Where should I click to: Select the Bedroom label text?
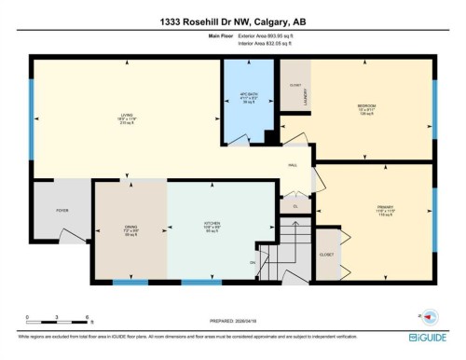[x=367, y=106]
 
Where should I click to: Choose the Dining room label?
[x=130, y=227]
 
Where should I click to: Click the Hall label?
[x=291, y=162]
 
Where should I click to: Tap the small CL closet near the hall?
[x=295, y=206]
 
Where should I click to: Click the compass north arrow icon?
[x=428, y=315]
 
